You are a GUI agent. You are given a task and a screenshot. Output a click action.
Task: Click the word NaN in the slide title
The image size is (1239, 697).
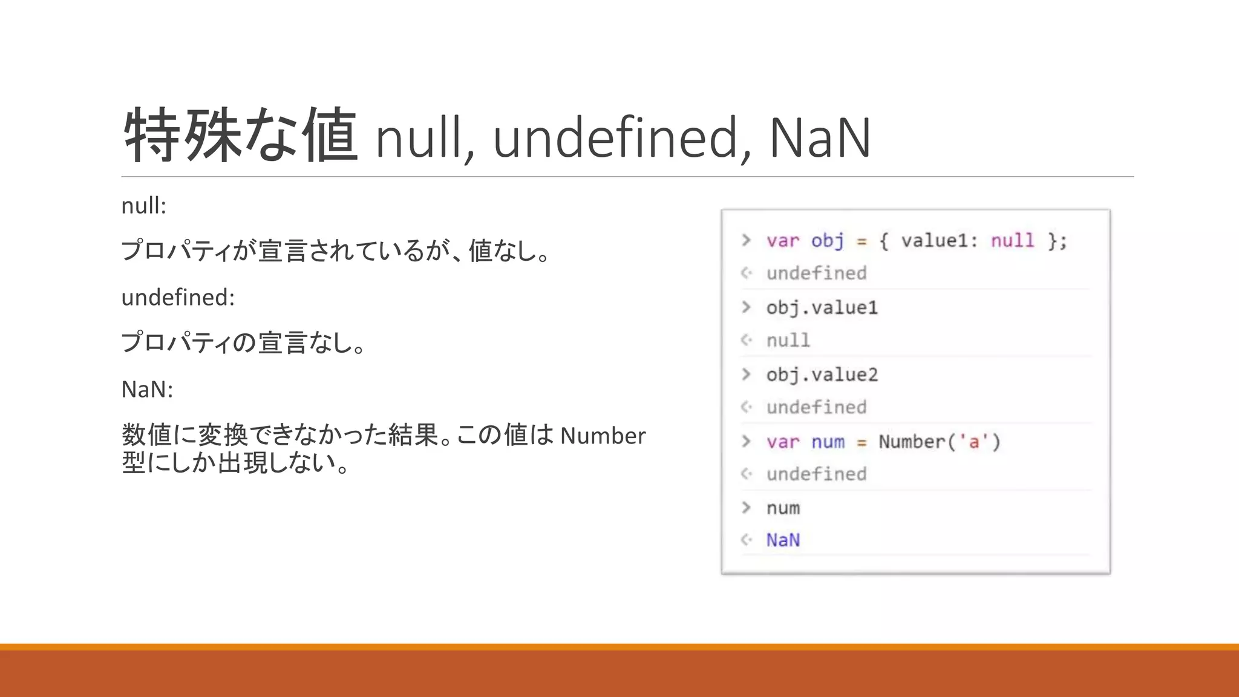point(820,138)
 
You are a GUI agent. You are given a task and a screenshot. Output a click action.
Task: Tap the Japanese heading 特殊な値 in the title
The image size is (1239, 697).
point(241,136)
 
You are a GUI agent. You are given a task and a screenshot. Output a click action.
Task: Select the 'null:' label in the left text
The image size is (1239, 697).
point(143,206)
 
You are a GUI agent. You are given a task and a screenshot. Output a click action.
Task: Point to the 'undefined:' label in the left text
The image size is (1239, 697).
point(178,298)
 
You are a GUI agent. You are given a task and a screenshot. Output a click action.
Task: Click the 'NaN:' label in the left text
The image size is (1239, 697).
point(147,390)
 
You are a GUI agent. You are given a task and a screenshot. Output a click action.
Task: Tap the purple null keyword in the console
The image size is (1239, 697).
point(1012,241)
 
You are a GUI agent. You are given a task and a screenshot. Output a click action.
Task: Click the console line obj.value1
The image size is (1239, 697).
point(822,308)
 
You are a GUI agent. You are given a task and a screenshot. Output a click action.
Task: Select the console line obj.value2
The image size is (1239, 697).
point(822,375)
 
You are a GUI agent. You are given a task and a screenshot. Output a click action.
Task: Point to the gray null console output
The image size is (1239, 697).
point(788,341)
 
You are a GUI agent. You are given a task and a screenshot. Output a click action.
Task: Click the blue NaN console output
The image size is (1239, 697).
point(783,540)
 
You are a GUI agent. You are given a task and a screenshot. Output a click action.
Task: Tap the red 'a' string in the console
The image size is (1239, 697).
point(973,442)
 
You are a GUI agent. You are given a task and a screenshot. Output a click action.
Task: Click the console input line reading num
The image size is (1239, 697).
point(783,508)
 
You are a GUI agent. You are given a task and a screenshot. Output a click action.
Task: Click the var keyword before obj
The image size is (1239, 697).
point(783,241)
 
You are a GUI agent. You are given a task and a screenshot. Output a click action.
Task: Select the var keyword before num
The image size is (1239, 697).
point(783,442)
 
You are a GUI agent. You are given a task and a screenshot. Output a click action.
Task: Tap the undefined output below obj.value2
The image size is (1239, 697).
point(816,407)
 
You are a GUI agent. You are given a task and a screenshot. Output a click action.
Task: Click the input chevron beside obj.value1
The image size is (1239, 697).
point(747,307)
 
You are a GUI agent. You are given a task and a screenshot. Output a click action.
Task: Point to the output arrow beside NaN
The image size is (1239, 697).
point(747,540)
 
